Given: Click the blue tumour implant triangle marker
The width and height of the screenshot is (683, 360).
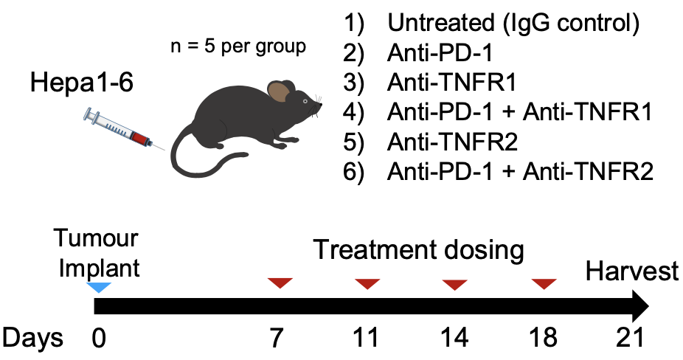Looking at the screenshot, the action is (x=99, y=287).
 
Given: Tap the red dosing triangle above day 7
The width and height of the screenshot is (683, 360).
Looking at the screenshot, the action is (x=280, y=283).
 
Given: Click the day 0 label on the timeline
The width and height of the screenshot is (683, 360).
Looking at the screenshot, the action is (x=99, y=338).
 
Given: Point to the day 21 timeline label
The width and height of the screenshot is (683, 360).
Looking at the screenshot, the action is (x=630, y=337).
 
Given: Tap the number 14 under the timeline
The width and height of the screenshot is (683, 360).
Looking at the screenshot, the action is (x=455, y=338).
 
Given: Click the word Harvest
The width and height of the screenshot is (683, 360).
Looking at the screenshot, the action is (x=632, y=271).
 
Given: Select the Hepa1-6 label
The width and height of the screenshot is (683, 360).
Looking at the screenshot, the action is (x=82, y=83).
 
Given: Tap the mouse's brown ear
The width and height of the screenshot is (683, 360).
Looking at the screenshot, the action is (x=279, y=92).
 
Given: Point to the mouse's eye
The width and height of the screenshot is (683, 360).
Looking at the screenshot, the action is (x=305, y=101).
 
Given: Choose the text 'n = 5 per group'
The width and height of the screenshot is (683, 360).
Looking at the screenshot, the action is (x=238, y=46).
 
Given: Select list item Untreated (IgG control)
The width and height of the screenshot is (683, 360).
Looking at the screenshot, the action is (x=513, y=23).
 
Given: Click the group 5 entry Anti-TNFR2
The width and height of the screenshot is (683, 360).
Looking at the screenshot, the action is (x=452, y=142).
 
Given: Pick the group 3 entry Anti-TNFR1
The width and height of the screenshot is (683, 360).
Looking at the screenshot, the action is (x=451, y=83).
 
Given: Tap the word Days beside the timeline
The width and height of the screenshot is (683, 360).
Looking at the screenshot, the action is (x=32, y=338).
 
